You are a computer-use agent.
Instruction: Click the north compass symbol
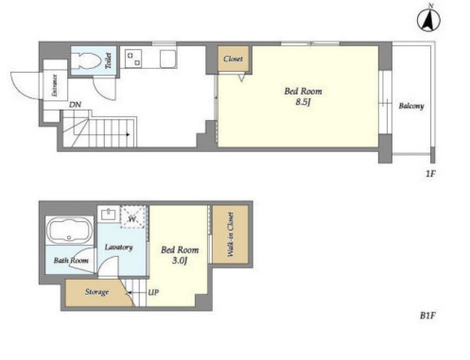tap(428, 20)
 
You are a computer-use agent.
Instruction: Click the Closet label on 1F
tap(233, 59)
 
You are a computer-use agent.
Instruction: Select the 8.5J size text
tap(304, 102)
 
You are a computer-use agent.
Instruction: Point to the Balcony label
tap(411, 106)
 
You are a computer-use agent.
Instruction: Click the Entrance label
tap(55, 85)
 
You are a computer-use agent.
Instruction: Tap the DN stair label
tap(75, 105)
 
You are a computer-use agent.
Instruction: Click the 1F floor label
tap(430, 173)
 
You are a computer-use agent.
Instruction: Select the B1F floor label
tap(427, 316)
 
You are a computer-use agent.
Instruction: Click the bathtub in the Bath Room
tap(70, 231)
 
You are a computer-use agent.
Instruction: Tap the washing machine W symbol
tap(132, 217)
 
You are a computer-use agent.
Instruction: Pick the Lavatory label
tap(118, 248)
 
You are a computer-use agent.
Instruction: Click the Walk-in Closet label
tap(231, 234)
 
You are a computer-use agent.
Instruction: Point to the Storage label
tap(96, 292)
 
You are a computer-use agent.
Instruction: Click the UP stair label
tap(153, 292)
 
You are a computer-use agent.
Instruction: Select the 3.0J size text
tap(180, 261)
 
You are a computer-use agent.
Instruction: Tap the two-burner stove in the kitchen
tap(134, 59)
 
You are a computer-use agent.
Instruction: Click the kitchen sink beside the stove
tap(167, 59)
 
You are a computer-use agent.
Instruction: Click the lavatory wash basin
tap(109, 214)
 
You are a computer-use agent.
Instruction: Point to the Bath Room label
tap(71, 261)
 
